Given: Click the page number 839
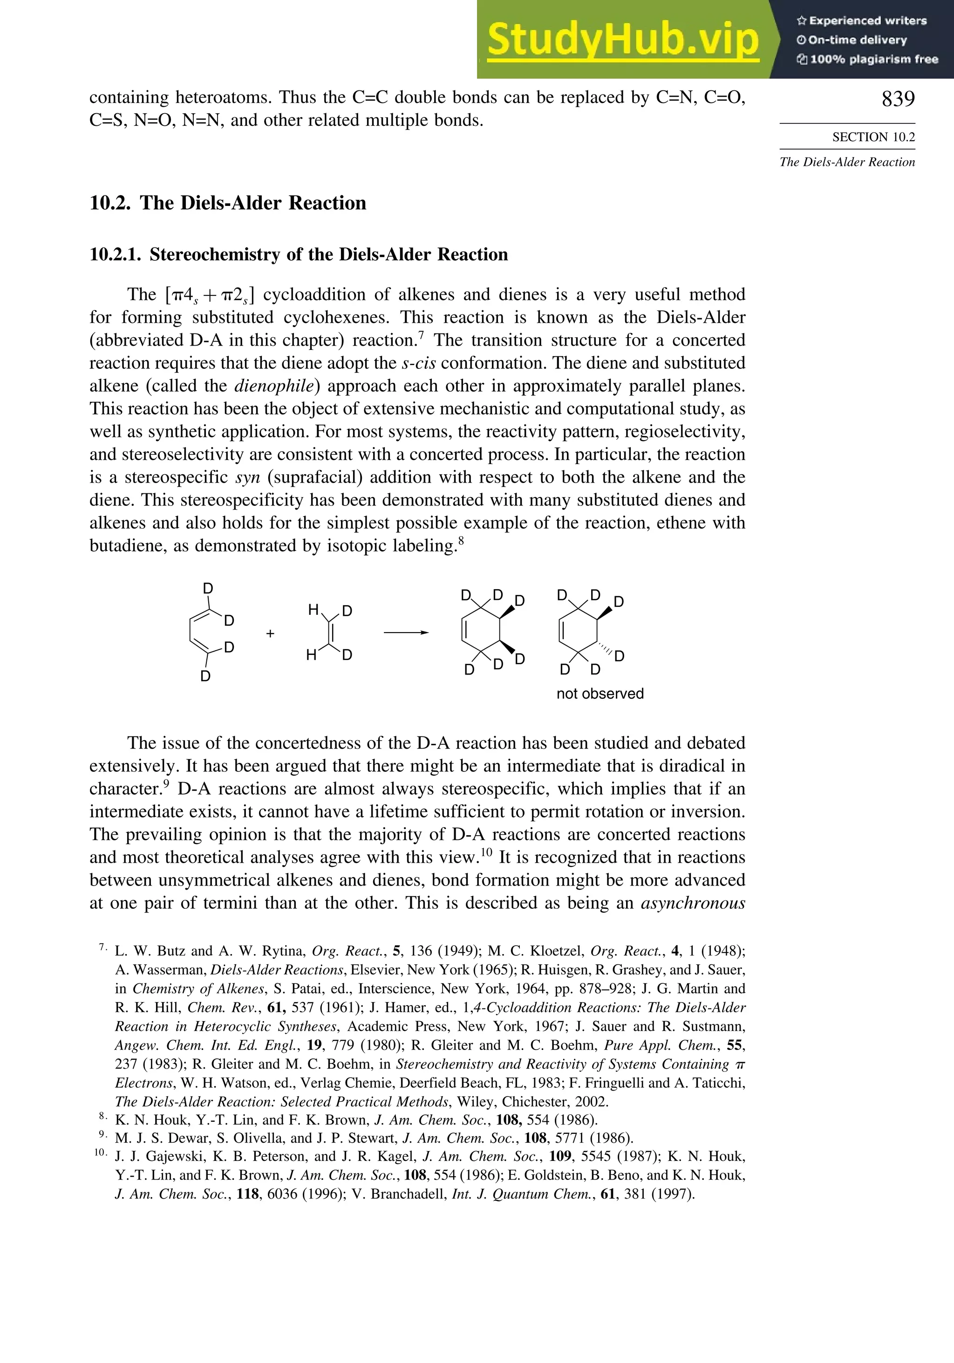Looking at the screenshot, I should [x=898, y=99].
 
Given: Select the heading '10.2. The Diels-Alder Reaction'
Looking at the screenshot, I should [x=228, y=203].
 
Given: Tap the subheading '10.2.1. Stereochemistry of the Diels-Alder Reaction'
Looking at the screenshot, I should [x=299, y=255].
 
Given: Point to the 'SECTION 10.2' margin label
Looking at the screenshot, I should [x=873, y=137].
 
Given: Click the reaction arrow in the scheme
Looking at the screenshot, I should [x=406, y=633].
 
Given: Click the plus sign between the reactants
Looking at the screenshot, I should [x=270, y=634].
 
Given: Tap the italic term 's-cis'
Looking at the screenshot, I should [x=418, y=363].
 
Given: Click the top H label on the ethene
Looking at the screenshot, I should [x=313, y=610].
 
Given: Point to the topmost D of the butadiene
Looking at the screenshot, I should [x=208, y=588].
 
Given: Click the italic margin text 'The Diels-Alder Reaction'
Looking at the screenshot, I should [x=847, y=162].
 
